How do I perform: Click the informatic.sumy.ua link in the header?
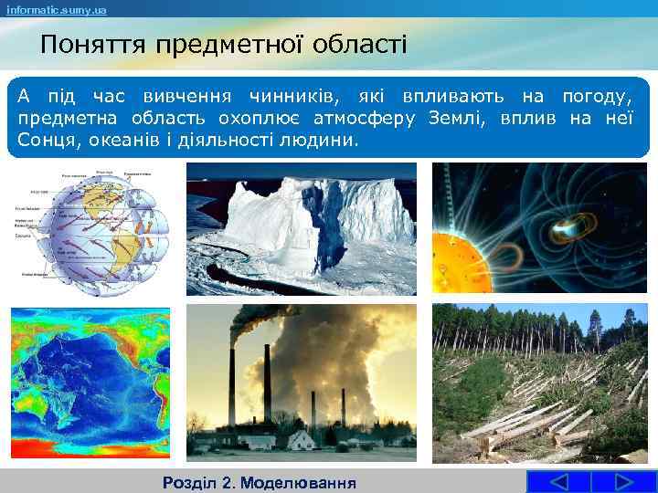(57, 10)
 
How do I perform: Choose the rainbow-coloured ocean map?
(90, 384)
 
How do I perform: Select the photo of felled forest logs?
(538, 383)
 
